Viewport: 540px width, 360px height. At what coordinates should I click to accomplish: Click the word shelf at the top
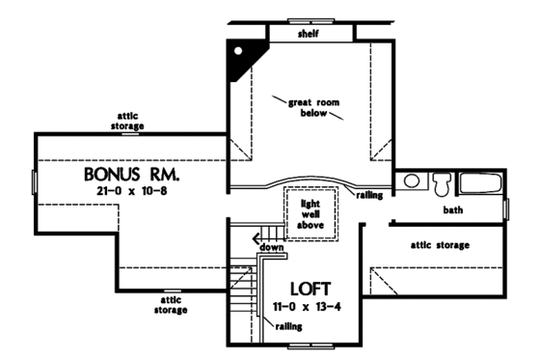coord(310,35)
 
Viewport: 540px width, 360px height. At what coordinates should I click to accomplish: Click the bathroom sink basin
coord(411,181)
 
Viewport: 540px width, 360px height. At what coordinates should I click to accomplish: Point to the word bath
coord(453,209)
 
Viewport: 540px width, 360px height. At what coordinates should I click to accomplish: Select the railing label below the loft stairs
coord(285,327)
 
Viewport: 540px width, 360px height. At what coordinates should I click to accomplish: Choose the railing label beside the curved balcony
coord(370,194)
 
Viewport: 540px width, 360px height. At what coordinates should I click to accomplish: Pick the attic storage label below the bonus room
coord(168,305)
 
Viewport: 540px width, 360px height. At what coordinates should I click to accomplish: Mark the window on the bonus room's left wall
coord(36,181)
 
